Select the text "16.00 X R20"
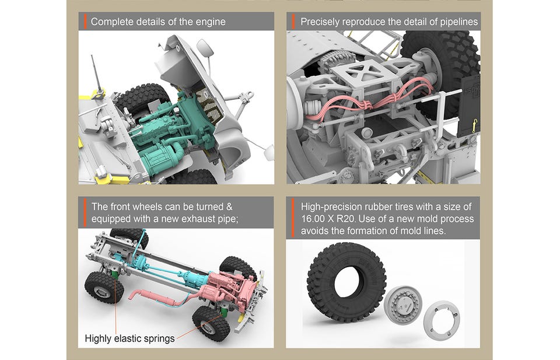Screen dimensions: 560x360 coord(328,219)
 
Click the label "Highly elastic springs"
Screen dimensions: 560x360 coord(129,338)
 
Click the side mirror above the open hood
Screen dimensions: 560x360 coord(205,48)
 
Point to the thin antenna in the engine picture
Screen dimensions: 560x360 coord(96,73)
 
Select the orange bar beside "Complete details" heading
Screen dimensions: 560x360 coord(85,22)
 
